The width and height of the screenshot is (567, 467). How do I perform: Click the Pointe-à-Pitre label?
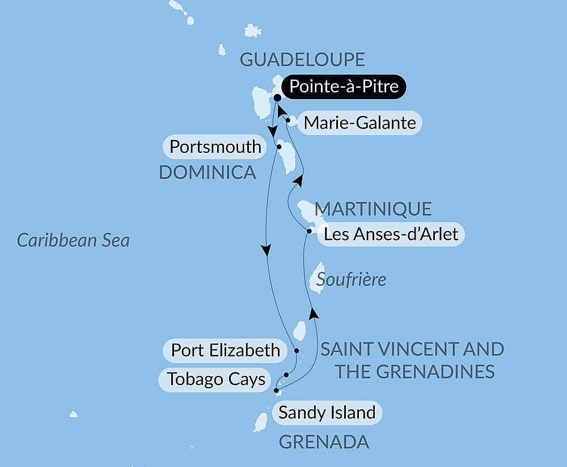coord(343,87)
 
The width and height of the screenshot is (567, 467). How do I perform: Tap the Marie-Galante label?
coord(359,122)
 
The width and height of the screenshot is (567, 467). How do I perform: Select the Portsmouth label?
coord(215,147)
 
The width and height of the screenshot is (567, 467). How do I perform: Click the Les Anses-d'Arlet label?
coord(391,234)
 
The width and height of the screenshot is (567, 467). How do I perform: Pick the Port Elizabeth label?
coord(225,350)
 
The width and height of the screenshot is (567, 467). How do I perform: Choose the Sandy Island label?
coord(327,413)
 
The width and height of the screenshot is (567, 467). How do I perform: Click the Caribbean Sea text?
coord(73,240)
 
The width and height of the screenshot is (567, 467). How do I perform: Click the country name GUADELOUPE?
coord(302,59)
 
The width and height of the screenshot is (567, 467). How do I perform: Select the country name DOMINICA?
coord(208,172)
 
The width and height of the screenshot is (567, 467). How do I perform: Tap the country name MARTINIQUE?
coord(373,209)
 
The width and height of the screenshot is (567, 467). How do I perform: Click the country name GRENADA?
coord(324,442)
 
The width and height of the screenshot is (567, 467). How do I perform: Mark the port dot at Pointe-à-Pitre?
coord(277,98)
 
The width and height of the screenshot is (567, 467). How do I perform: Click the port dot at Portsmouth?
coord(279,147)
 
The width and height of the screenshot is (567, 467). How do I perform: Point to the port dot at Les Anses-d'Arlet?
coord(309,231)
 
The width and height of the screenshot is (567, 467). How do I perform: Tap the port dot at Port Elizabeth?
coord(297,350)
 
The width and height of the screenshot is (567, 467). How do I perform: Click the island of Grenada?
coord(260,422)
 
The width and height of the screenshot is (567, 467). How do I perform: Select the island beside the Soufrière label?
coord(317,278)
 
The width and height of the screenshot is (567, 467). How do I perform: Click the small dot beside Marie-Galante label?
coord(289,120)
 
